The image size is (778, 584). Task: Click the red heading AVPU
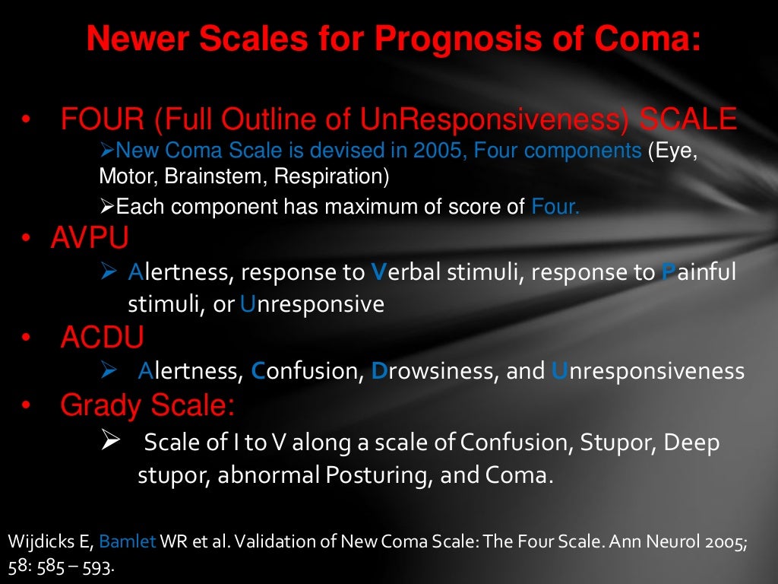tap(90, 238)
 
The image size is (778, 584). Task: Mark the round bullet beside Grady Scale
tap(26, 405)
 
